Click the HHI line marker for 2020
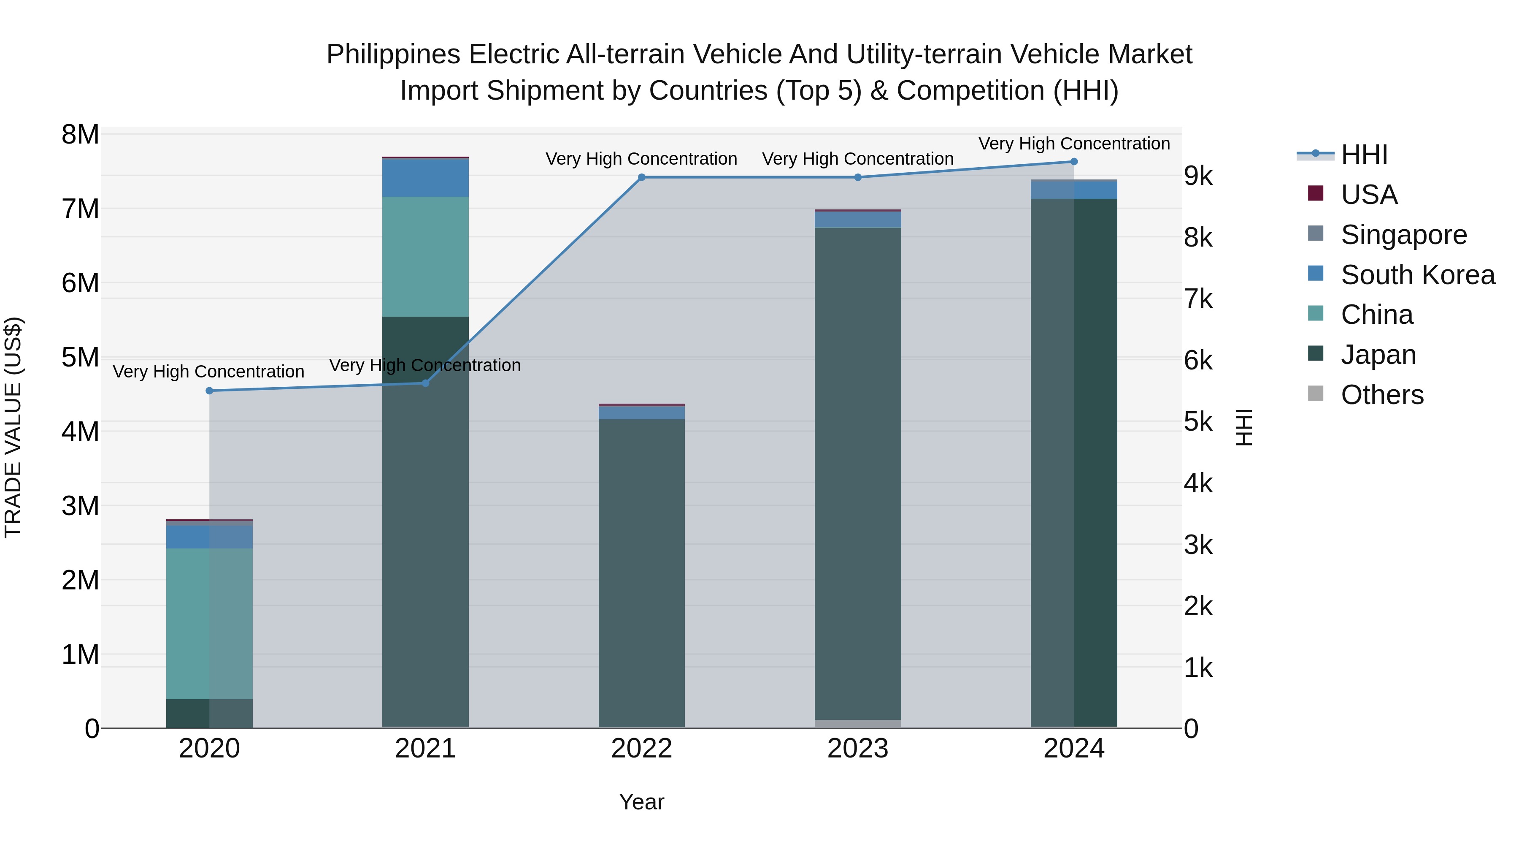point(209,391)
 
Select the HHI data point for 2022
point(641,177)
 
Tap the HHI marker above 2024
point(1074,162)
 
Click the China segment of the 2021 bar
point(425,257)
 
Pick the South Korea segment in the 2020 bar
point(209,537)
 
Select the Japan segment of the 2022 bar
point(641,573)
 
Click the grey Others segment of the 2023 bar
point(857,723)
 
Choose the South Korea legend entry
point(1418,275)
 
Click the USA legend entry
point(1369,195)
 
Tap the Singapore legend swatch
point(1316,233)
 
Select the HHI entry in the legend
point(1364,155)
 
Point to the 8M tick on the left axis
point(80,135)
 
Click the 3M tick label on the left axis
point(80,506)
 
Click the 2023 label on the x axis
point(857,749)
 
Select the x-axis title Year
point(641,802)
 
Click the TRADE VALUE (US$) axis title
point(13,427)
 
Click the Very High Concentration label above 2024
point(1074,144)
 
